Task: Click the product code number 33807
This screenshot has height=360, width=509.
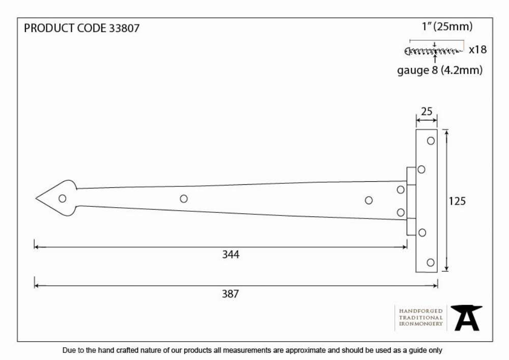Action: click(124, 28)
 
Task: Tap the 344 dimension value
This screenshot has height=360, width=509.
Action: click(231, 255)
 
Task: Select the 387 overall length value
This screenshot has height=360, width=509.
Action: click(230, 294)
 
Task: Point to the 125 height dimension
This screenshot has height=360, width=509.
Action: click(457, 201)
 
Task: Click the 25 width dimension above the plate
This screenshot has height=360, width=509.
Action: click(427, 112)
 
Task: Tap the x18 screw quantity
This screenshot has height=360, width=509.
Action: click(478, 50)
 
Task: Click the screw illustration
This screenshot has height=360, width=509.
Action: click(433, 51)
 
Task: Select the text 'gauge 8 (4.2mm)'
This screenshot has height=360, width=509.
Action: click(440, 70)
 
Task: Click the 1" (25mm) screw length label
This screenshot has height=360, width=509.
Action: click(447, 26)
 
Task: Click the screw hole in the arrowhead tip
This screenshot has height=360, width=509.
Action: click(62, 199)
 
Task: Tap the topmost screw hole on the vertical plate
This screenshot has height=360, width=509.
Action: click(431, 141)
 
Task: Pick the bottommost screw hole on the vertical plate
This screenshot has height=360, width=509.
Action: click(431, 263)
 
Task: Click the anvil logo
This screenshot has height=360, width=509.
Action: click(466, 318)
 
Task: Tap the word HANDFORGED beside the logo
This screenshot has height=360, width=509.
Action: click(421, 311)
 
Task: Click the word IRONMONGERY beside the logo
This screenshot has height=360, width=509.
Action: click(421, 324)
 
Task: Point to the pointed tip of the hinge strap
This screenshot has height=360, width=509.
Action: click(36, 199)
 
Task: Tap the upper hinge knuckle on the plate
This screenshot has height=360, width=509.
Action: click(411, 176)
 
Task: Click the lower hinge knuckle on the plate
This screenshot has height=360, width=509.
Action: click(411, 227)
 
